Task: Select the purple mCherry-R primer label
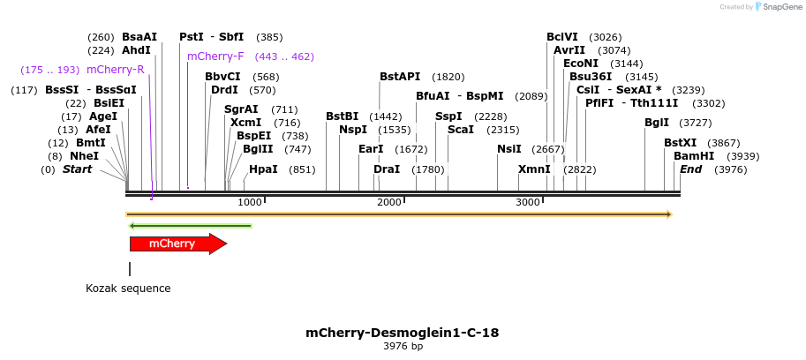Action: [x=115, y=70]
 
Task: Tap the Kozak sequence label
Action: [x=128, y=289]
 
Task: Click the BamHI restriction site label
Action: [x=694, y=156]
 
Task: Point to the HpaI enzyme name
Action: [x=263, y=169]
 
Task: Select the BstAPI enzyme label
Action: [x=400, y=77]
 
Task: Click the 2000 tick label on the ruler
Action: [x=389, y=203]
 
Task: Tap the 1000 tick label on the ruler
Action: [x=250, y=203]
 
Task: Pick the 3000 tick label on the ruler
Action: [x=528, y=203]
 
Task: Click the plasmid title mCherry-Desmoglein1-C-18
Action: [x=402, y=333]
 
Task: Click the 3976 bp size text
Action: [x=403, y=347]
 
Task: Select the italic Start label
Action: [x=77, y=169]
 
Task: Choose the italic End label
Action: [x=690, y=169]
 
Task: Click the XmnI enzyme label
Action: [x=534, y=169]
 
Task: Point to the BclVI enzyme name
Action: [x=562, y=37]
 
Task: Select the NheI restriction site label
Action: [x=85, y=156]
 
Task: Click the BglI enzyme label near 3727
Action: [x=657, y=123]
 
